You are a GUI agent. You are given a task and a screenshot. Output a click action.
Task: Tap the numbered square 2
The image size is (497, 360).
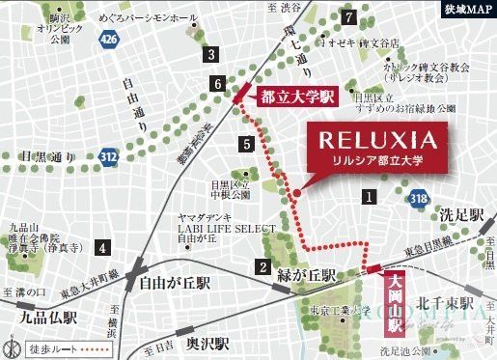[x=262, y=266]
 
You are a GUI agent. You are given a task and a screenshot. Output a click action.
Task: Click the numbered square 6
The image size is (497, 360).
[x=219, y=85]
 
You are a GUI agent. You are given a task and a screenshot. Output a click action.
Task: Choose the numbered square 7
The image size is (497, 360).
[x=348, y=16]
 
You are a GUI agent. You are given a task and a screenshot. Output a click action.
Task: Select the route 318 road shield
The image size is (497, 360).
[x=418, y=199]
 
